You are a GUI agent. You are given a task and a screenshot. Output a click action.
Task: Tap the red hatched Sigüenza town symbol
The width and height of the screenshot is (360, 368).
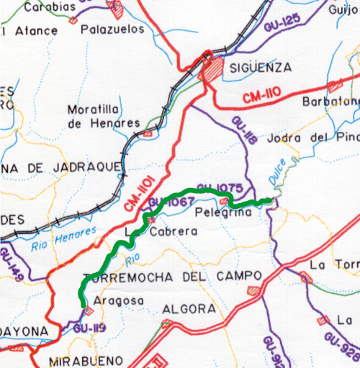point(213,71)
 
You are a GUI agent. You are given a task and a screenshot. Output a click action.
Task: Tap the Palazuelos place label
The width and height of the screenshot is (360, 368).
point(113,30)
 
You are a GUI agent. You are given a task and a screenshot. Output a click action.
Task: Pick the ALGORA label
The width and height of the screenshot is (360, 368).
point(189,308)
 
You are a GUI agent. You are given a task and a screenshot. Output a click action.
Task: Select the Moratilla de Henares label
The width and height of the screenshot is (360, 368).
point(103,116)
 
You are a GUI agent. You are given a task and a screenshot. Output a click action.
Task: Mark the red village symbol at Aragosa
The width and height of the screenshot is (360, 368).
point(89,311)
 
